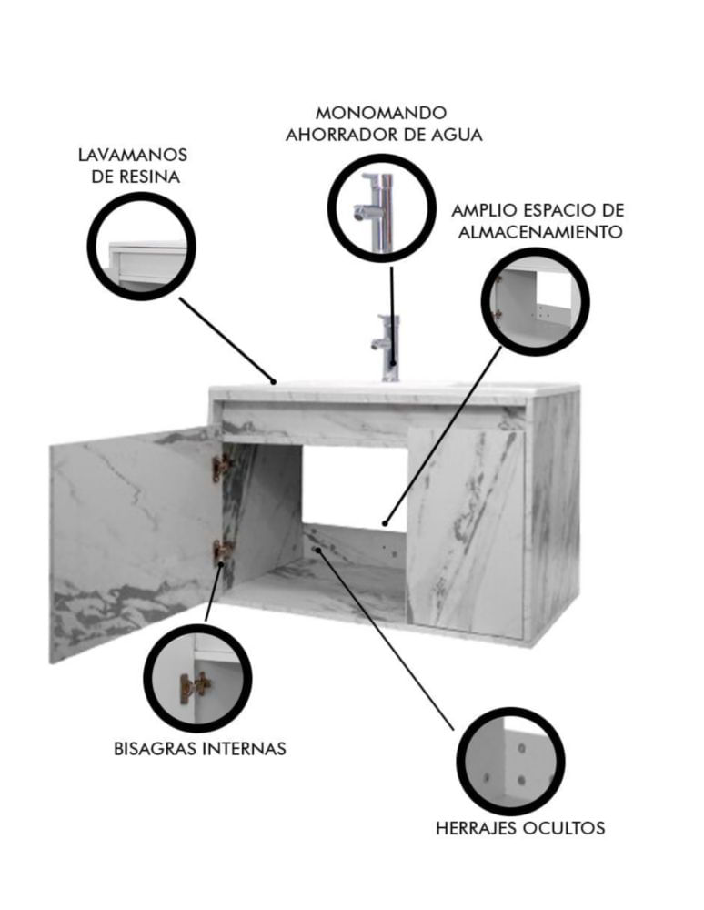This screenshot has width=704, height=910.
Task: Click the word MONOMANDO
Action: coord(381,112)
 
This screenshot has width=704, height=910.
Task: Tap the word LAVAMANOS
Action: coord(133,155)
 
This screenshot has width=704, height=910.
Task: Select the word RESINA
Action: coord(151,177)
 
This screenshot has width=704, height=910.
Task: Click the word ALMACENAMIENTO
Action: coord(540,232)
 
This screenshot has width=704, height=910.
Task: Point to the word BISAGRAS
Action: coord(155,749)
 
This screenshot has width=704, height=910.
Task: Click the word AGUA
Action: coord(457,135)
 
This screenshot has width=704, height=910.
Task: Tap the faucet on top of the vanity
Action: coord(387,348)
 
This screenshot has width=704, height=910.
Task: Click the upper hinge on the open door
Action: coord(222,468)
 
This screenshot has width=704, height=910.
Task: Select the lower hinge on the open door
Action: coord(223,553)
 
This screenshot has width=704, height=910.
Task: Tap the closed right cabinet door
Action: coord(465,531)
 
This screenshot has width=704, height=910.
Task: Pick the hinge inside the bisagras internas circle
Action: coord(195,688)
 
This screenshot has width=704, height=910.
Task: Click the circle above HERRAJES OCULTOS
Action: coord(511,762)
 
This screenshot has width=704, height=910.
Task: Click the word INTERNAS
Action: coord(244,749)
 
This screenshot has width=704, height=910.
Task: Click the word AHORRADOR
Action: coord(343,135)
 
